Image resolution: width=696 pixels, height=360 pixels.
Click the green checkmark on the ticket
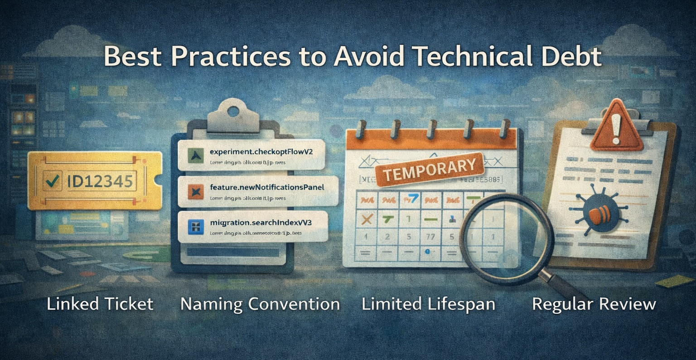[x=52, y=181]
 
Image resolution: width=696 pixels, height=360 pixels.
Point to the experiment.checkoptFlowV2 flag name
[x=261, y=151]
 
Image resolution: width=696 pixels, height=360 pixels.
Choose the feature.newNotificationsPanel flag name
[x=267, y=187]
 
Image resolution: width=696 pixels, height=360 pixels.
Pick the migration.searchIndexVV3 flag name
[x=261, y=223]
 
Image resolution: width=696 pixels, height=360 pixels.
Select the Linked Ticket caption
[x=100, y=304]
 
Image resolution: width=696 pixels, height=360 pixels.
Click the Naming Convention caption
[x=260, y=304]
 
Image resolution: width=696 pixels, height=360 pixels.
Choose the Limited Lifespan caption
[x=428, y=304]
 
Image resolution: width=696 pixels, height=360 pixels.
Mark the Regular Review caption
[x=594, y=304]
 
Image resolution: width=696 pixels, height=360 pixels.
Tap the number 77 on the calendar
[x=430, y=237]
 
